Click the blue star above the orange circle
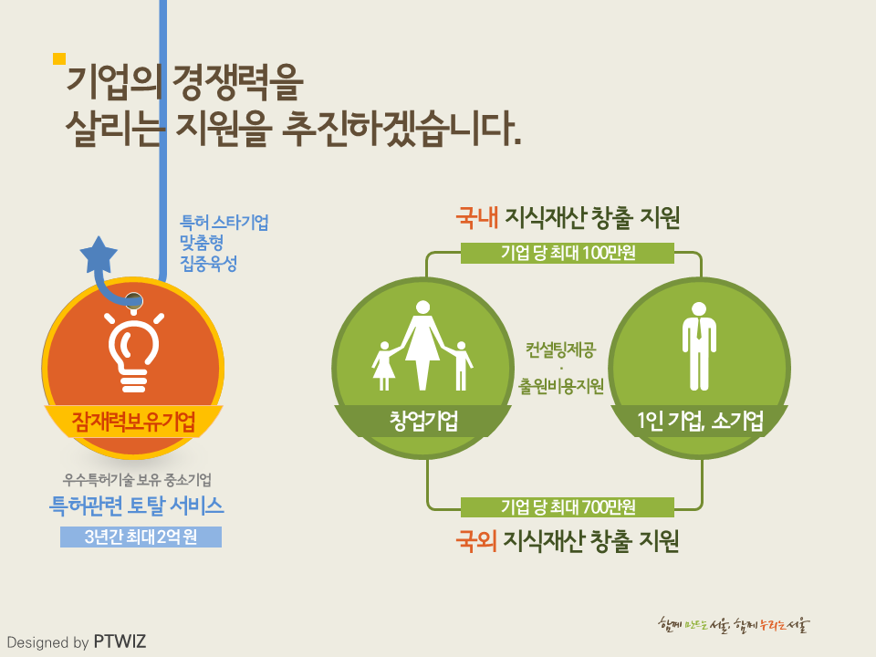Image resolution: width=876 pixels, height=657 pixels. (99, 255)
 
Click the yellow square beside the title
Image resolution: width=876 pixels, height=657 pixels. (59, 58)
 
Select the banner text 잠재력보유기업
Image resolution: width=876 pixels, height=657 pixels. (133, 422)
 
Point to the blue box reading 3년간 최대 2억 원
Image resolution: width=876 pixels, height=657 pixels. (141, 537)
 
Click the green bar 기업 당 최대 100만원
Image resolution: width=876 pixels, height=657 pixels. (568, 253)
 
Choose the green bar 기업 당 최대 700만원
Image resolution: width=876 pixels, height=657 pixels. (568, 507)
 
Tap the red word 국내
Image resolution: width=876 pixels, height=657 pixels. (476, 217)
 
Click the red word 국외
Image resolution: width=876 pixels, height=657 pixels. (476, 541)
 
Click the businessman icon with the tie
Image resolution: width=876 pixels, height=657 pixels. (699, 347)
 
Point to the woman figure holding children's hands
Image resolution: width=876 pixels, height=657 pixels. (422, 345)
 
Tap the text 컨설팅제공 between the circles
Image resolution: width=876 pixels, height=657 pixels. (561, 350)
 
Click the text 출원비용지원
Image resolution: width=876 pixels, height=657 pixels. (561, 386)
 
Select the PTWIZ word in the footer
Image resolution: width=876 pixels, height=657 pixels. (120, 641)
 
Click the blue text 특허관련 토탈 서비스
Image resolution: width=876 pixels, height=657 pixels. (137, 506)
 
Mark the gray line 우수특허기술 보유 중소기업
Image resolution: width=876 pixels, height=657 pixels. (137, 479)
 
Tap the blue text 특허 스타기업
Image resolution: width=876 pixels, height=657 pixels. (224, 223)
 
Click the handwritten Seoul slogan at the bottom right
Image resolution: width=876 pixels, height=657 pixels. (734, 624)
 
